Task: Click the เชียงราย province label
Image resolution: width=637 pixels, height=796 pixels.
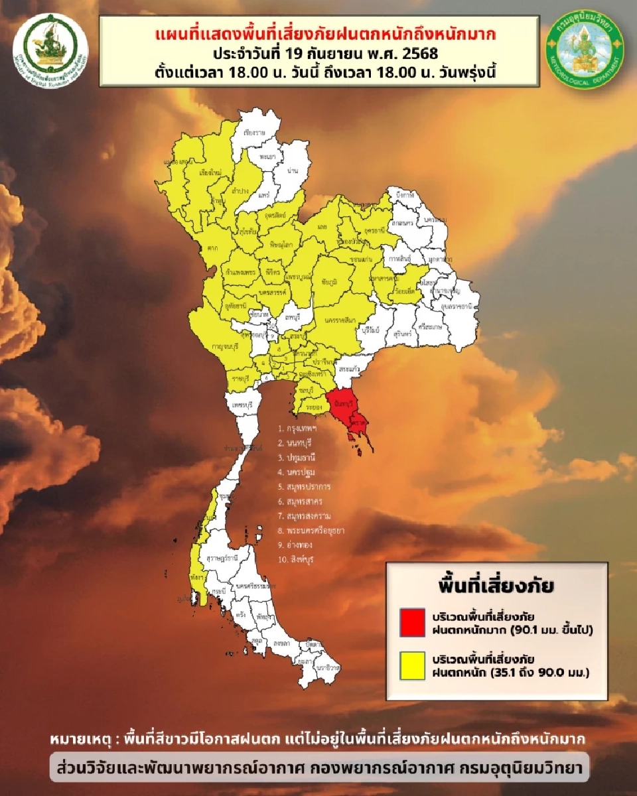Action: [x=253, y=133]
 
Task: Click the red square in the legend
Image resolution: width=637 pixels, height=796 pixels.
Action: [x=412, y=622]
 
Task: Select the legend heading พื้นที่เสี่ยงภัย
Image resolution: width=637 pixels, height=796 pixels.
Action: [x=497, y=586]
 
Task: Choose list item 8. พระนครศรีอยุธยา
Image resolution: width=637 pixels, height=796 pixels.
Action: [x=311, y=530]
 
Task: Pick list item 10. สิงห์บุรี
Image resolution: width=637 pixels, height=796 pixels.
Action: [x=296, y=559]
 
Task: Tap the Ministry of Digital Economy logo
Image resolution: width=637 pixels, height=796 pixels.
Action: [x=50, y=45]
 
